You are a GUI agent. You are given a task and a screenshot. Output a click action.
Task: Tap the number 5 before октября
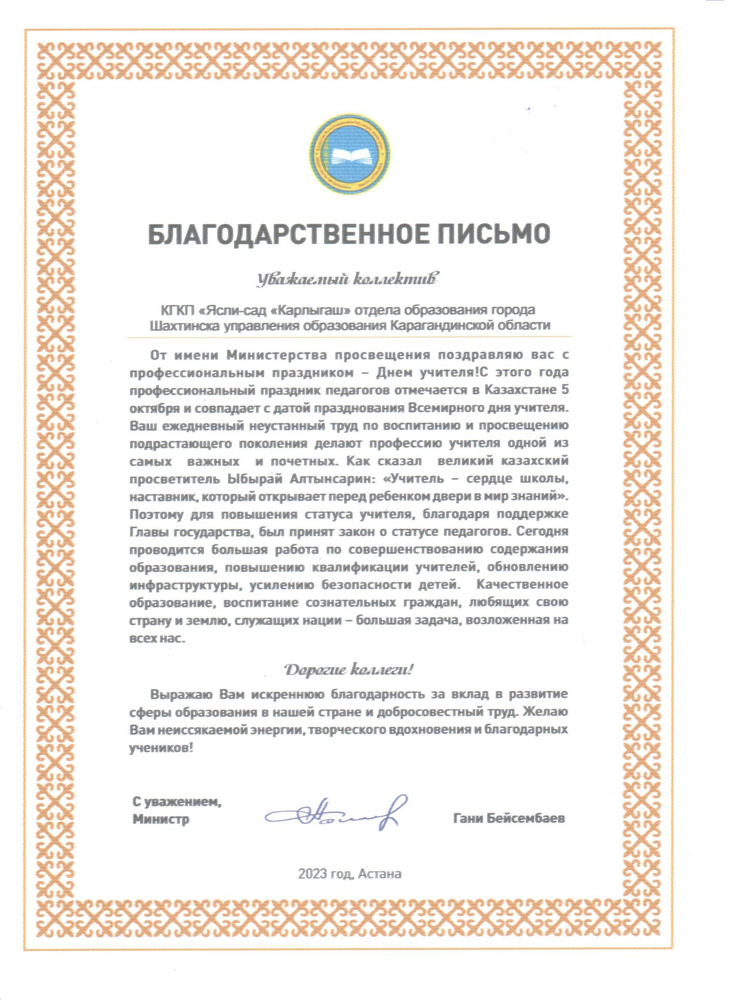click(x=564, y=390)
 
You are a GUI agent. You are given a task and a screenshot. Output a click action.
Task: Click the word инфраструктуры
click(x=186, y=585)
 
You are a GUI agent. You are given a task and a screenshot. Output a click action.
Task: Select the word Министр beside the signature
click(x=161, y=819)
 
